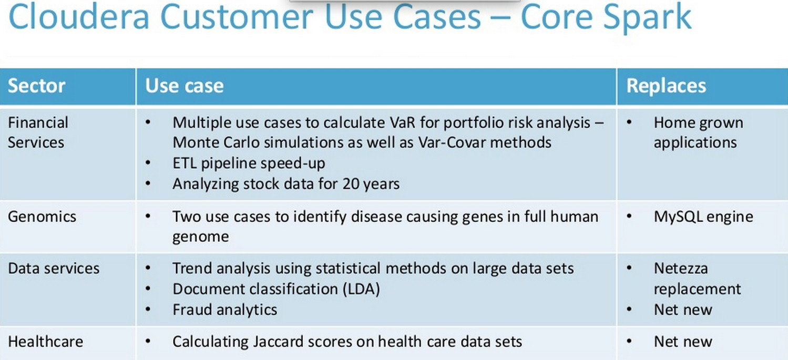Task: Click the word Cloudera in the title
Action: [x=79, y=16]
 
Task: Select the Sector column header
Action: [x=37, y=86]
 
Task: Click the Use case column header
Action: [x=185, y=86]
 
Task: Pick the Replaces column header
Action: [x=666, y=86]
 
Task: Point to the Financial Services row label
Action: [x=38, y=132]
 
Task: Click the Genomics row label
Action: [x=42, y=217]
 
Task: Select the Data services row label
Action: [x=54, y=268]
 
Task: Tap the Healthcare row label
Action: [x=45, y=342]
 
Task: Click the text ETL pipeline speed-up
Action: [x=249, y=163]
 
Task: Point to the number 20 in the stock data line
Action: [x=351, y=184]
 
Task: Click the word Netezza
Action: [x=681, y=268]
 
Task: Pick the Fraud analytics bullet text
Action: [x=225, y=310]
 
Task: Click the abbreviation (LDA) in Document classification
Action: [x=359, y=289]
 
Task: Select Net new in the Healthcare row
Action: [x=683, y=342]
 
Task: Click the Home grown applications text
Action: [x=698, y=132]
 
